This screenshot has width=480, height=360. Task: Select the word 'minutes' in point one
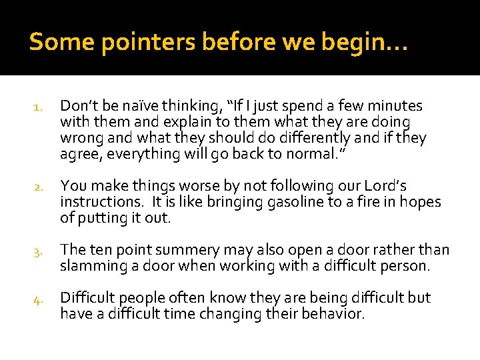397,105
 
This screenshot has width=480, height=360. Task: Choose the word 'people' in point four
141,298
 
